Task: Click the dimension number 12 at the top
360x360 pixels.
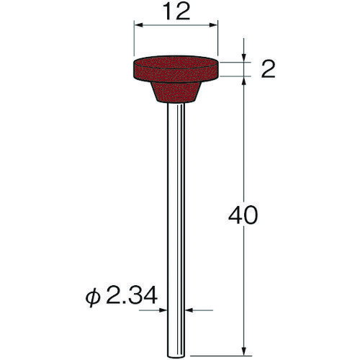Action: point(176,12)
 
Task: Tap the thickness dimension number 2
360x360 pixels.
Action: point(268,69)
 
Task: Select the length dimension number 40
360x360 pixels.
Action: point(243,215)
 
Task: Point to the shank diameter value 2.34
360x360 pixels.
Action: point(131,294)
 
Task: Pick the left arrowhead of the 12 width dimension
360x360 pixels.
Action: point(139,25)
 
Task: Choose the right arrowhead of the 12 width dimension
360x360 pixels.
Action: point(213,25)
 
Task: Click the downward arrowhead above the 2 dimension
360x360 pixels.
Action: point(244,58)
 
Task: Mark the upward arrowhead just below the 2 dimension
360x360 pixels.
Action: point(244,81)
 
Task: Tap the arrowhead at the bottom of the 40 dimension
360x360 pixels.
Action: point(244,351)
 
